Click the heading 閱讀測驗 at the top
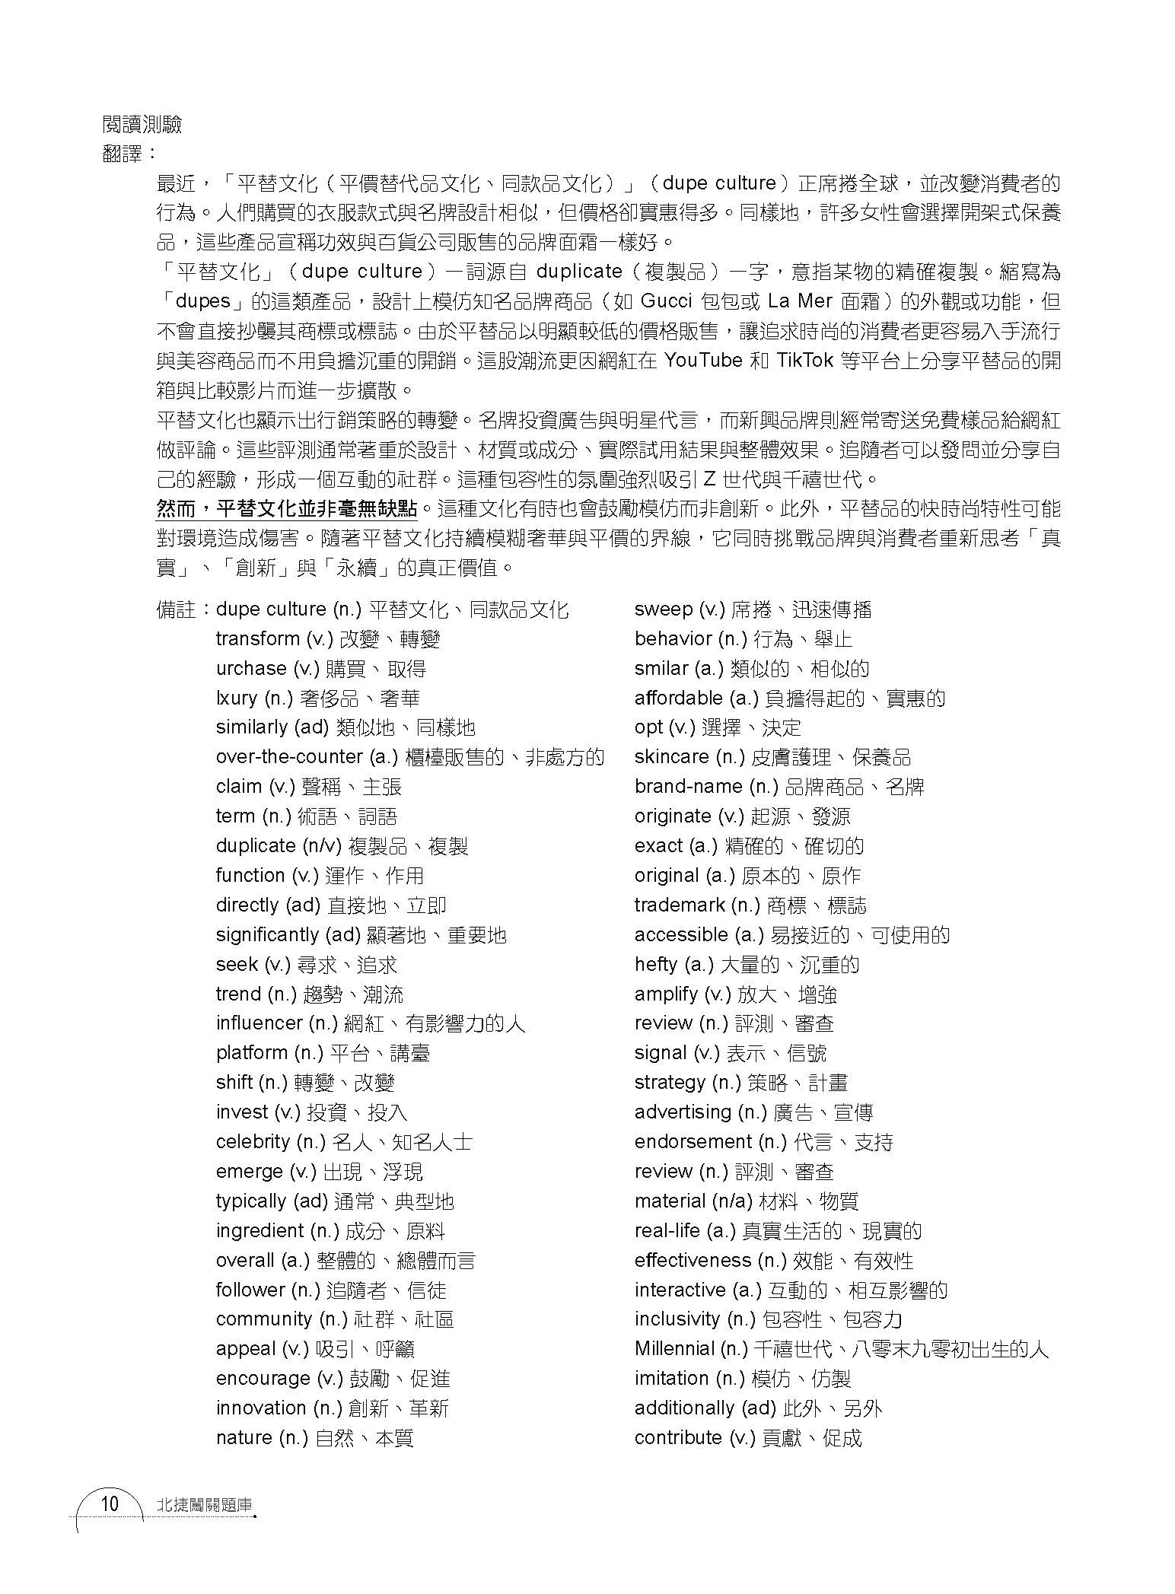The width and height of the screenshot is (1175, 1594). pyautogui.click(x=142, y=125)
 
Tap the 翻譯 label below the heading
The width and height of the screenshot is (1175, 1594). pyautogui.click(x=125, y=153)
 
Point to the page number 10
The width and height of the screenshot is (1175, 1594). pyautogui.click(x=110, y=1504)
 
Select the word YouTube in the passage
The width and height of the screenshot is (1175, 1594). pyautogui.click(x=703, y=361)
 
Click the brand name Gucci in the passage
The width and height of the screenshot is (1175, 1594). pyautogui.click(x=667, y=301)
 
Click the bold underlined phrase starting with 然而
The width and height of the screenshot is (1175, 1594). pyautogui.click(x=288, y=508)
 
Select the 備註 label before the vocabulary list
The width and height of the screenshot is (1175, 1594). pyautogui.click(x=177, y=609)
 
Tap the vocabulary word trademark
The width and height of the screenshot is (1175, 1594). pyautogui.click(x=679, y=905)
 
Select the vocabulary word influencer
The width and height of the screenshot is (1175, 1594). pyautogui.click(x=260, y=1023)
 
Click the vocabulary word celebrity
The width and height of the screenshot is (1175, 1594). pyautogui.click(x=253, y=1142)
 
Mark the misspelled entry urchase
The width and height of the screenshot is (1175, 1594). pyautogui.click(x=251, y=669)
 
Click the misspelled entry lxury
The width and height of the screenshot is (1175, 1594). pyautogui.click(x=237, y=698)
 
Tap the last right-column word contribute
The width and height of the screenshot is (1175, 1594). pyautogui.click(x=678, y=1438)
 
